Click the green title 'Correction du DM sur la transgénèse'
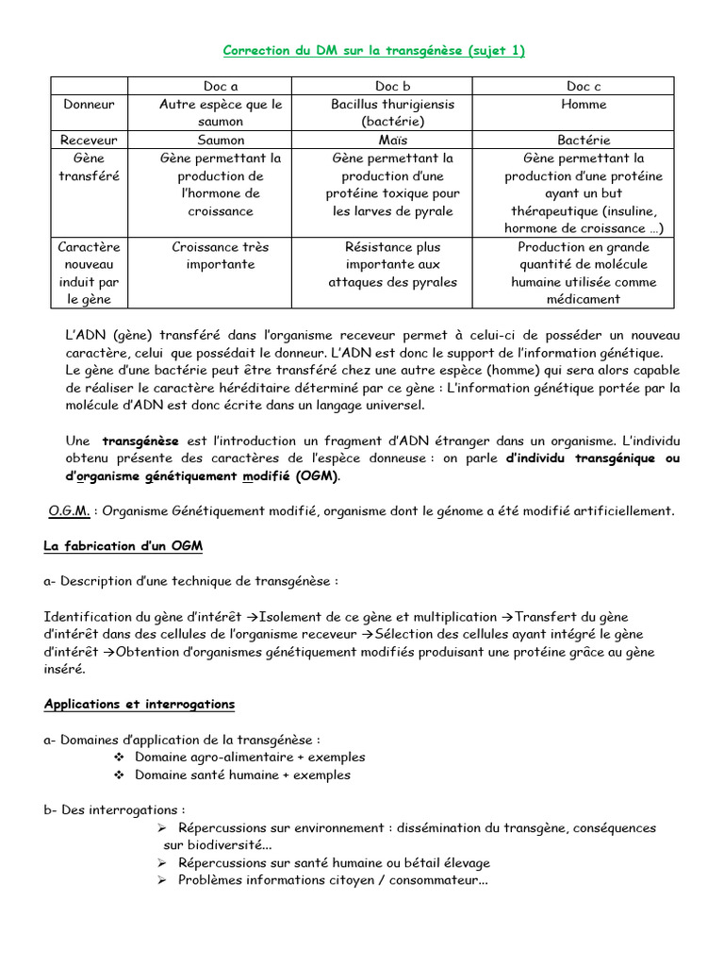coord(373,51)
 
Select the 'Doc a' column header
coord(221,87)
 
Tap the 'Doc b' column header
coord(392,87)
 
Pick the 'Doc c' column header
coord(583,87)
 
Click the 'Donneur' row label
coord(89,105)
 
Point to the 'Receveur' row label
coord(89,140)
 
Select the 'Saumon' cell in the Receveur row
coord(221,140)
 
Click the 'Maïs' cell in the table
coord(392,140)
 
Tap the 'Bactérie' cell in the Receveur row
coord(584,140)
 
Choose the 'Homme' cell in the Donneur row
coord(584,105)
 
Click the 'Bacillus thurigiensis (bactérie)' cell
coord(392,113)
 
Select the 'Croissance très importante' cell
coord(221,256)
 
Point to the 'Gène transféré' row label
coord(89,167)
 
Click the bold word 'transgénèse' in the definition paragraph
coord(140,441)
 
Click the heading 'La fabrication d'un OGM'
coord(123,546)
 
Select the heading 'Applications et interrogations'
coord(140,704)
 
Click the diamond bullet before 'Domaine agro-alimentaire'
coord(119,758)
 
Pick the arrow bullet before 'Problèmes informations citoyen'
coord(161,881)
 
